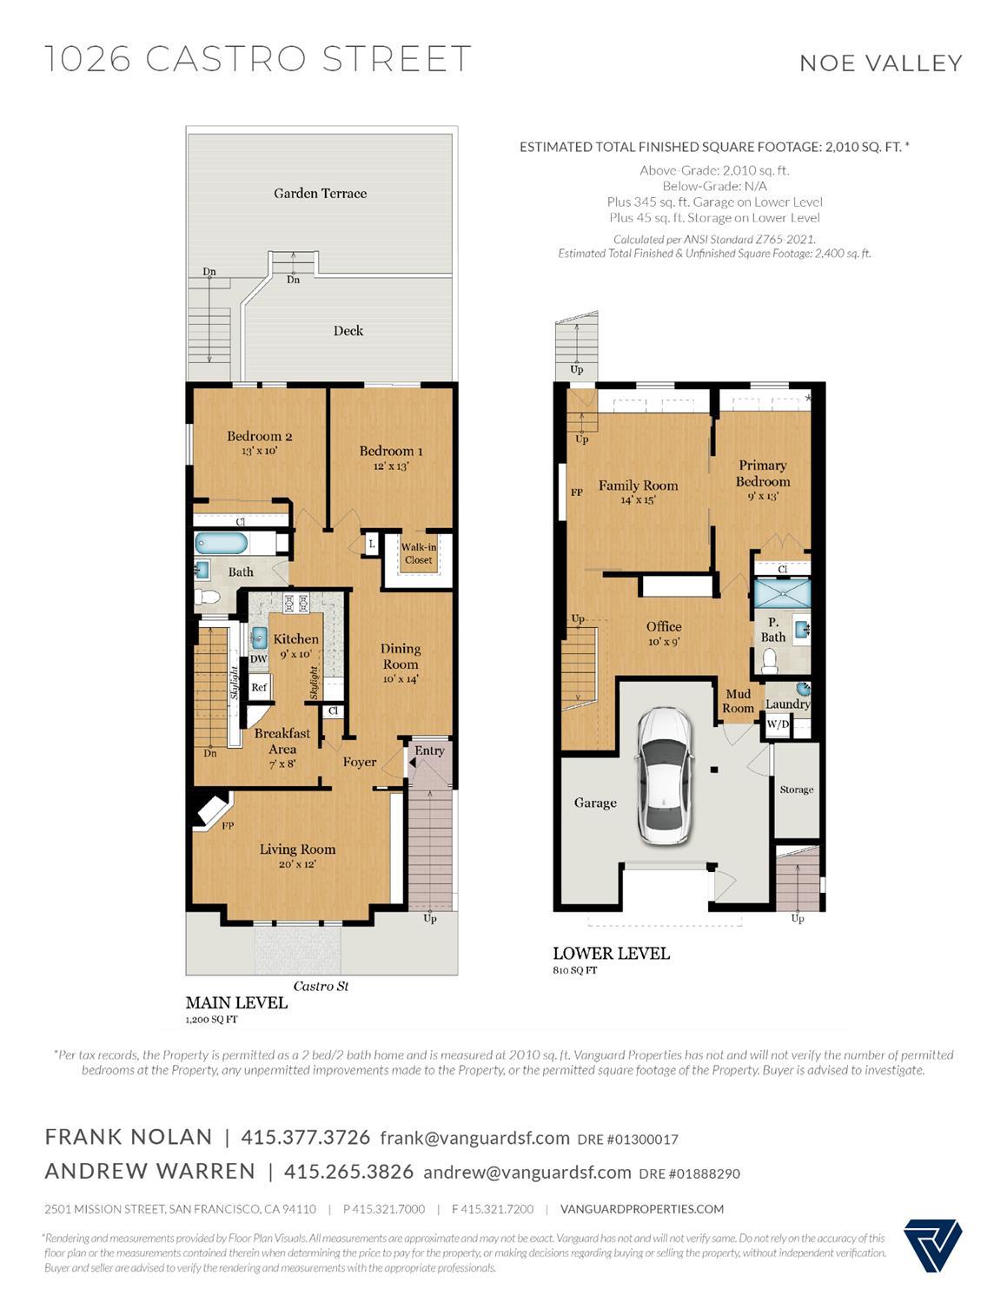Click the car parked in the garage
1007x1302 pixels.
(x=664, y=776)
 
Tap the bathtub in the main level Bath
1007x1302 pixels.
(x=221, y=544)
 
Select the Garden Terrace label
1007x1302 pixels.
(x=320, y=193)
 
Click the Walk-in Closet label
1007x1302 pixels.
(x=419, y=553)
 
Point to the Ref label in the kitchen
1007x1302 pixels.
(x=259, y=687)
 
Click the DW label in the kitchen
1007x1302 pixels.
(x=258, y=658)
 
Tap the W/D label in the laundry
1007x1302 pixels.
(x=778, y=724)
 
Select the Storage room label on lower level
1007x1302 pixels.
(x=797, y=790)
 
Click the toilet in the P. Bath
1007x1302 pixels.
(x=769, y=661)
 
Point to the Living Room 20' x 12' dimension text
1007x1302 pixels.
(x=297, y=864)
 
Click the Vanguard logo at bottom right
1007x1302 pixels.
(x=932, y=1246)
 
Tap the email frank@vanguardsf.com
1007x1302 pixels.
(x=474, y=1138)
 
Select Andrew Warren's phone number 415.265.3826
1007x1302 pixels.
(x=349, y=1172)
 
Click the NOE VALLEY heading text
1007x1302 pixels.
(x=881, y=63)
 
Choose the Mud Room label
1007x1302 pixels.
(x=738, y=701)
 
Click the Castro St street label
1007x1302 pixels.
(x=321, y=986)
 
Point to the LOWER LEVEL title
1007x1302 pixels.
(x=611, y=954)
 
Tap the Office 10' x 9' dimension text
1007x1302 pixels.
(x=664, y=642)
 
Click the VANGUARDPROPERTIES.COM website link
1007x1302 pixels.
(x=642, y=1208)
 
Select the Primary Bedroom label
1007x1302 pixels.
(x=763, y=473)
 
